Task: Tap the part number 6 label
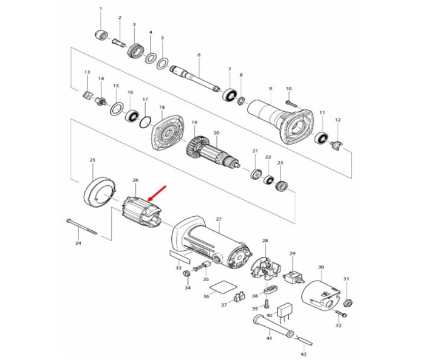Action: (x=199, y=55)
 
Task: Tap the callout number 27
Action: (x=219, y=219)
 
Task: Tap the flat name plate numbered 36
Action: (x=223, y=288)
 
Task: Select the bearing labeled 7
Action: (x=230, y=95)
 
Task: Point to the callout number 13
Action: (x=87, y=72)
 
